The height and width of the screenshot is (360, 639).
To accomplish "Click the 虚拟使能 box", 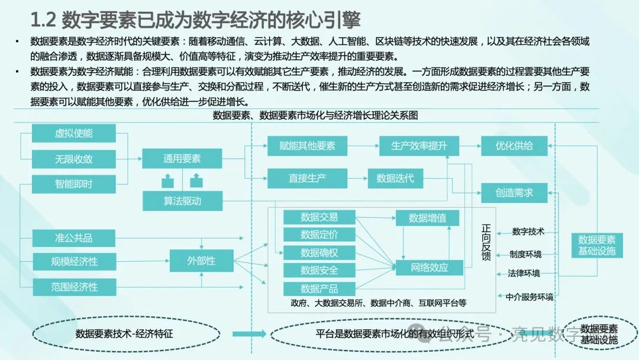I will tap(74, 133).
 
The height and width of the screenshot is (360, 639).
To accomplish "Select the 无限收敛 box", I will tap(74, 159).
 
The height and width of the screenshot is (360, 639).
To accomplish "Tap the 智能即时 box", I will tap(74, 184).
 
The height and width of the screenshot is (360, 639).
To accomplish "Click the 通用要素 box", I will tap(182, 159).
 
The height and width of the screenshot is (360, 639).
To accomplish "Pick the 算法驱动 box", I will tap(182, 201).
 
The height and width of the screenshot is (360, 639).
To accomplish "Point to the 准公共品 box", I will tap(74, 238).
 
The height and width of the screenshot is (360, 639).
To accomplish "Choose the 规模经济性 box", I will tap(74, 261).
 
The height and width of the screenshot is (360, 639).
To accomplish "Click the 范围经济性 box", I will tap(74, 287).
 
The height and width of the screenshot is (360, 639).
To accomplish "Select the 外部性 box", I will tap(201, 261).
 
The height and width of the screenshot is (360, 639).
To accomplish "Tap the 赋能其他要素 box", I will tap(307, 146).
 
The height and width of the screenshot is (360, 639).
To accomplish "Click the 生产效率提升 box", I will tap(419, 146).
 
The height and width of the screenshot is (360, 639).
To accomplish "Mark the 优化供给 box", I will tap(514, 146).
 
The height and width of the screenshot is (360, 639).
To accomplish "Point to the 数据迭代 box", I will tap(395, 178).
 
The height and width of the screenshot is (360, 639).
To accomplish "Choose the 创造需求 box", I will tap(514, 192).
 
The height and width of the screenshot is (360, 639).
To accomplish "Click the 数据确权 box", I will tap(319, 253).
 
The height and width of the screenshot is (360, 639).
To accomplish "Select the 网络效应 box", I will tap(430, 268).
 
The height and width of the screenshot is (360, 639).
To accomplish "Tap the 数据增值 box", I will tap(428, 218).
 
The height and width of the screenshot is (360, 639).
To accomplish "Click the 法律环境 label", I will tap(524, 274).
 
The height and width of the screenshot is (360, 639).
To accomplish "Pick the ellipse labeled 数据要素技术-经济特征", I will tap(124, 334).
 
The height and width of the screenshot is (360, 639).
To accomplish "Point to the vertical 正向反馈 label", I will tap(486, 242).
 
